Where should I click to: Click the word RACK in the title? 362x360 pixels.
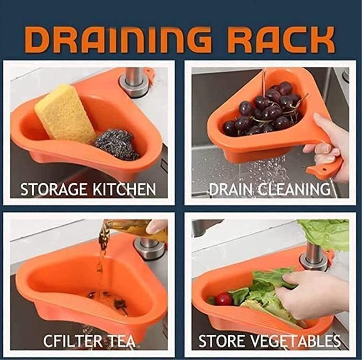point(285,40)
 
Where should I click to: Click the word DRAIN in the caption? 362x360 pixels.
point(229,189)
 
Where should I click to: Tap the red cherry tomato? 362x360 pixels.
point(223,299)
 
